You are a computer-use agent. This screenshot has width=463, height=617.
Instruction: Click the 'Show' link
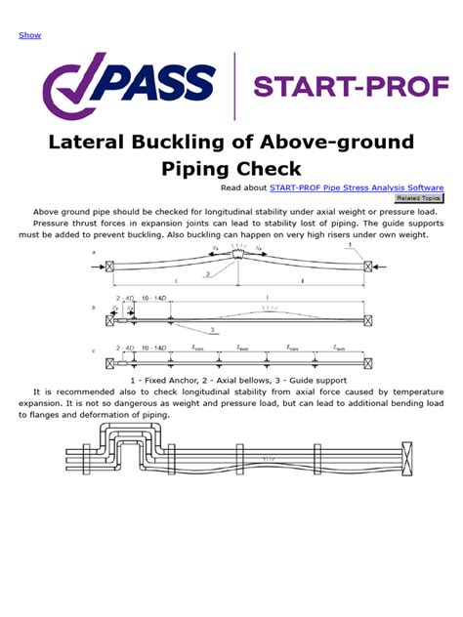pyautogui.click(x=29, y=35)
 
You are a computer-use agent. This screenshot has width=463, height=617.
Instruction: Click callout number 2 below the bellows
pyautogui.click(x=208, y=275)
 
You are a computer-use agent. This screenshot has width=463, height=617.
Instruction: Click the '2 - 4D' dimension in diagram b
pyautogui.click(x=124, y=294)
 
